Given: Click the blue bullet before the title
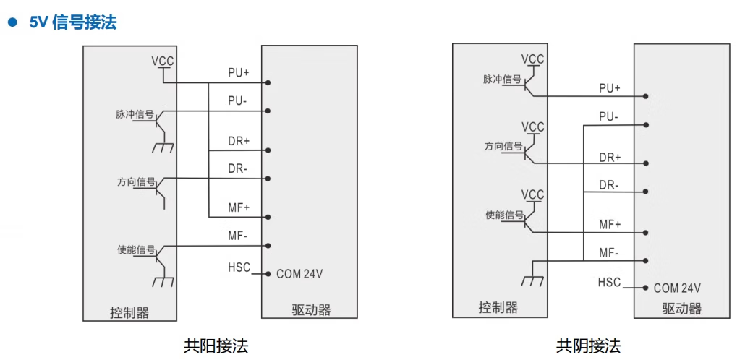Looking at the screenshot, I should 12,22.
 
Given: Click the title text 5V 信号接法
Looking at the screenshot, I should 73,22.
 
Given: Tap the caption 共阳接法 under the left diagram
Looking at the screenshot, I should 216,346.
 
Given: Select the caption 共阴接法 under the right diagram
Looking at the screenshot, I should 588,346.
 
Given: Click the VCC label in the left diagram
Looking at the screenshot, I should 163,61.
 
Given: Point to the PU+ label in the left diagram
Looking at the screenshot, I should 239,72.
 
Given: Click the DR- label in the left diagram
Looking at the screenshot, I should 239,168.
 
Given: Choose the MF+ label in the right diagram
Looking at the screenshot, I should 610,224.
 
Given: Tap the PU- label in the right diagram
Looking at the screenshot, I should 609,116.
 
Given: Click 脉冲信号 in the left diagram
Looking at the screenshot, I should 135,114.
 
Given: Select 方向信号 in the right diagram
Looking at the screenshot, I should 503,147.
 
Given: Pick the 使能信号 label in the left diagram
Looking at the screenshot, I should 136,250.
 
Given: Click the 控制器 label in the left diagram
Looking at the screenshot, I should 129,312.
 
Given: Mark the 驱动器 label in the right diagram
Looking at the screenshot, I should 681,309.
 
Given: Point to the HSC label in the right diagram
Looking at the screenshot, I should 609,282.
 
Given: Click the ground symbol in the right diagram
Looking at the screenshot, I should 532,279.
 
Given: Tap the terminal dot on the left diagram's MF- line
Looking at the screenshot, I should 268,246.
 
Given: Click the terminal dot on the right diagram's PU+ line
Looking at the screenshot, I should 644,96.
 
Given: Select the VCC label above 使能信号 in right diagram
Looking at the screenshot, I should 533,194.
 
